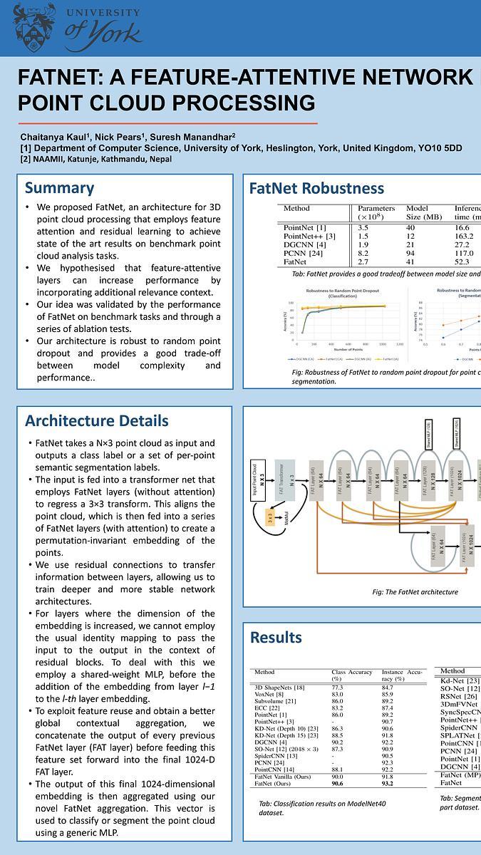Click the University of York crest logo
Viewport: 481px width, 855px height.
tap(33, 25)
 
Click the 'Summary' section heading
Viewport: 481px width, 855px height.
tap(59, 188)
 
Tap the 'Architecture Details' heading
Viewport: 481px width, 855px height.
tap(96, 420)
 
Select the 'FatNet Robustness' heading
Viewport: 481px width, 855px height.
tap(316, 189)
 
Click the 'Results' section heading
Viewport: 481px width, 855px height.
tap(276, 637)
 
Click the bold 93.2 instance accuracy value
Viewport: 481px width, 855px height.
tap(387, 783)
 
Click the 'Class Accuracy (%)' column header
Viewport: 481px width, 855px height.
tap(351, 675)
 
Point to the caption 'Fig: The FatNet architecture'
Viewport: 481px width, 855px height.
tap(415, 592)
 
